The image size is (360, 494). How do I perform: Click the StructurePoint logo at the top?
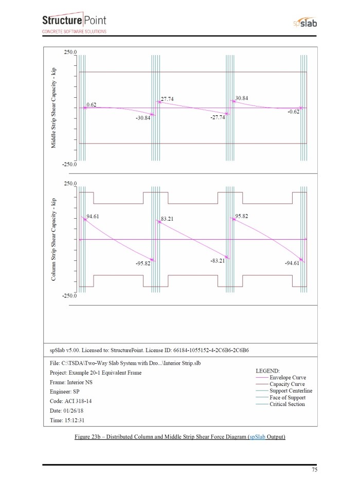(x=74, y=23)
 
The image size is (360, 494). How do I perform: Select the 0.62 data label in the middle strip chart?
(x=92, y=104)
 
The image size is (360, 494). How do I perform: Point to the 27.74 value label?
(x=168, y=98)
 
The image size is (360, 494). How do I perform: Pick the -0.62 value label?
(x=293, y=112)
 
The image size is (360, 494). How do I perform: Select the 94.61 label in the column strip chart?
(x=93, y=217)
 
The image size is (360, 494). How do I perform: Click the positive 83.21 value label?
(x=168, y=219)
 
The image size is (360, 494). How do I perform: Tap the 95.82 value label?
(x=242, y=216)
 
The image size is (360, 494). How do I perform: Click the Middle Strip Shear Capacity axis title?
(x=53, y=108)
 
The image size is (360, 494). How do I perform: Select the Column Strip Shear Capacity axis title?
(x=53, y=239)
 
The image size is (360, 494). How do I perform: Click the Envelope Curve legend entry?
(x=287, y=378)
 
